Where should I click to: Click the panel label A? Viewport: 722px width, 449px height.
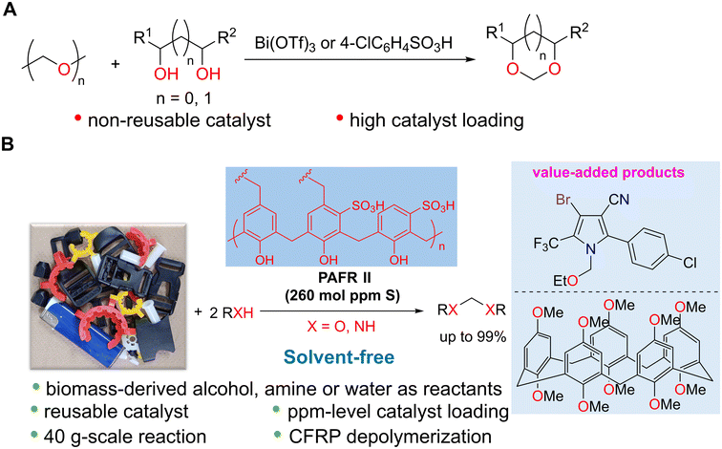9,9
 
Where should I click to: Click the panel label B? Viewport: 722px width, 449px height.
9,144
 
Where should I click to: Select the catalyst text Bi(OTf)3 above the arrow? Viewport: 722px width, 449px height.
286,43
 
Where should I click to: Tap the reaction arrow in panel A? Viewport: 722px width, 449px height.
360,59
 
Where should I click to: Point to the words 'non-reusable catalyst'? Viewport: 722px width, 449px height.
180,120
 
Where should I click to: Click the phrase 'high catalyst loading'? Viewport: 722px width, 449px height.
436,120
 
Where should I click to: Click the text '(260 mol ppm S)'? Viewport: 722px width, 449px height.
342,295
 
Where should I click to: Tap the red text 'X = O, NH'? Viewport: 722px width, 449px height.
341,326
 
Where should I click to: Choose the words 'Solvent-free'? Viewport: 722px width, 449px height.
339,357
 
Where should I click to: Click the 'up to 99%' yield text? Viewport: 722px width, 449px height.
473,337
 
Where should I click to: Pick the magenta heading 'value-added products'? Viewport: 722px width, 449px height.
608,173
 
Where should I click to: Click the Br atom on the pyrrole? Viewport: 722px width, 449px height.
563,200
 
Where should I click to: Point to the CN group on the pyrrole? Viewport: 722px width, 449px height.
619,200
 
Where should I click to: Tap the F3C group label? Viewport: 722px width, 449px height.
546,243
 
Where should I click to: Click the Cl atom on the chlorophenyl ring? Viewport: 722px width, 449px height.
690,263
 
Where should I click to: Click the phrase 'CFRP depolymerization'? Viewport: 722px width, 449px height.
390,437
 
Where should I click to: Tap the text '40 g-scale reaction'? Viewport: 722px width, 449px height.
125,437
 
